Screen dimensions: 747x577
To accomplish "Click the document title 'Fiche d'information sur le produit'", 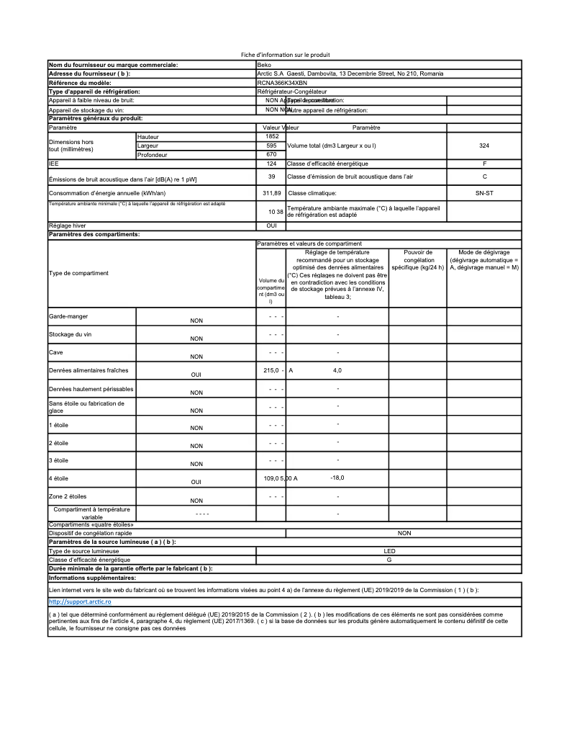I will point(285,55).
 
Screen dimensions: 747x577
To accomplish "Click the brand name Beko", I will point(264,65).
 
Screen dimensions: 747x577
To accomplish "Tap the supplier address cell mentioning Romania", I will point(350,73).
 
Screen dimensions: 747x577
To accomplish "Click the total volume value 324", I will point(483,146).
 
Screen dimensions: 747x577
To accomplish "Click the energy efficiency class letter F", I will point(484,164).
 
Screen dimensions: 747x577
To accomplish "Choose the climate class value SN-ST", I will point(484,193).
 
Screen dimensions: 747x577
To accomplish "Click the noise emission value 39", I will point(271,176).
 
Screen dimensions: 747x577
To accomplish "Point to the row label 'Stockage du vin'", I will point(70,335).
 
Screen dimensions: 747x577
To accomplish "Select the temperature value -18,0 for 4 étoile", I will point(337,478).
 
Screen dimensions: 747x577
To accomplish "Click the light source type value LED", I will point(389,550).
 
